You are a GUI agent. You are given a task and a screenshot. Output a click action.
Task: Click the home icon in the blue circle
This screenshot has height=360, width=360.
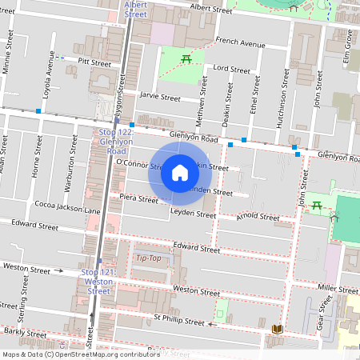(180, 173)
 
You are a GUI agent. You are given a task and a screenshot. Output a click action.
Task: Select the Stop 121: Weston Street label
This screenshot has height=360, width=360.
(98, 282)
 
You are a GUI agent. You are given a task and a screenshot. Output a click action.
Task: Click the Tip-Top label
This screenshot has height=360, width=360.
(148, 258)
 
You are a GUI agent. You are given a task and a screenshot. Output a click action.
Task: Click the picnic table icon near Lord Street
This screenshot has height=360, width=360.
(186, 58)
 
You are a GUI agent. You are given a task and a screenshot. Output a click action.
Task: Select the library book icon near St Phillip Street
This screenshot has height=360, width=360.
(277, 329)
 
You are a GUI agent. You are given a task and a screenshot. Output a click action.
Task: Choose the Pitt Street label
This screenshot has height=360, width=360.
(94, 62)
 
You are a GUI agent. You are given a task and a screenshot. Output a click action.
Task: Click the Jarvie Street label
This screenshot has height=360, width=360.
(160, 97)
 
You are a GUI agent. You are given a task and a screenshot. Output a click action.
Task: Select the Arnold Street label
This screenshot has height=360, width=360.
(258, 217)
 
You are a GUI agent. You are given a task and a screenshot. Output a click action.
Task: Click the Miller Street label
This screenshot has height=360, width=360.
(337, 287)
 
